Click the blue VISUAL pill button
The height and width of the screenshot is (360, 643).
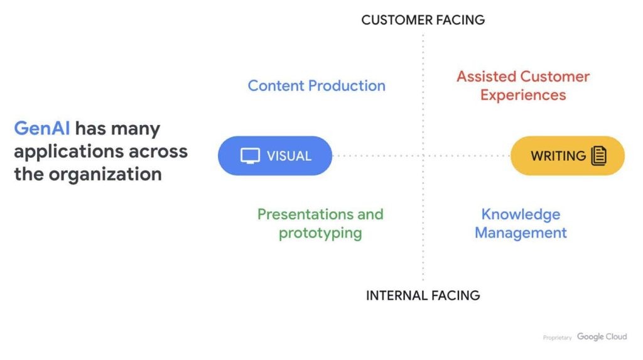pos(274,156)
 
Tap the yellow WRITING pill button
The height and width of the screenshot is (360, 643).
pos(568,156)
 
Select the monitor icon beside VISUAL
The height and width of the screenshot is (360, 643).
pos(250,156)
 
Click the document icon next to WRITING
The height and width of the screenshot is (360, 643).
pos(599,156)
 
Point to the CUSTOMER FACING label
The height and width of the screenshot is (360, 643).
pos(423,20)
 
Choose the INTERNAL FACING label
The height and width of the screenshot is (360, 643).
pos(423,295)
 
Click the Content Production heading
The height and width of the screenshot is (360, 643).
pos(316,86)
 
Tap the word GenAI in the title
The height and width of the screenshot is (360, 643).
pos(41,129)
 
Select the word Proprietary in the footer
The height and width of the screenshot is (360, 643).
pos(557,338)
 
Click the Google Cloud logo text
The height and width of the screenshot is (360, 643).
pos(602,337)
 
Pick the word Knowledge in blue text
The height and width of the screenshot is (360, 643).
pos(521,214)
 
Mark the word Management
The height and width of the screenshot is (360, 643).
pos(521,233)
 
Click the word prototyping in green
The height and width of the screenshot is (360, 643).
pos(320,234)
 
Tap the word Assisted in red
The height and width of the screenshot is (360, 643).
pos(484,77)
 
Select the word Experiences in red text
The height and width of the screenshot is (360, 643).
pos(523,95)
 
